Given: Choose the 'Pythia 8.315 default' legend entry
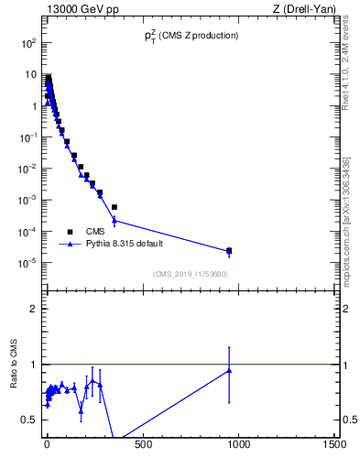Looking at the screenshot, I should (123, 245).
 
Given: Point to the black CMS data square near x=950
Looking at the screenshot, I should (229, 250).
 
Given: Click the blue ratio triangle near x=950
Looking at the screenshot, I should (229, 370).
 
